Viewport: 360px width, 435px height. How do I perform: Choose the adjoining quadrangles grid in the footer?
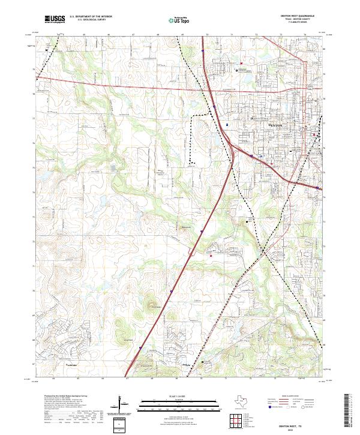[x=235, y=421]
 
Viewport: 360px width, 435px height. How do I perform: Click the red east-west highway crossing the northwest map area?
[x=120, y=86]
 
